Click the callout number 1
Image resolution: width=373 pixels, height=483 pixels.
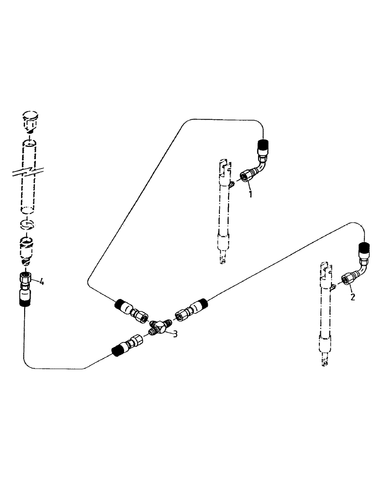click(250, 194)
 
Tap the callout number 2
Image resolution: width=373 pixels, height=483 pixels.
click(353, 297)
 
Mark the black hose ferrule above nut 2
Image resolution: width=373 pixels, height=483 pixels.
click(363, 249)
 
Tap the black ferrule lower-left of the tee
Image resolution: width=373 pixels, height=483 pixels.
click(118, 351)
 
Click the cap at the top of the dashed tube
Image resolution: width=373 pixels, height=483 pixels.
click(30, 121)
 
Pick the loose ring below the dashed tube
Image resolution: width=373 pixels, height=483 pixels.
click(28, 225)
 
